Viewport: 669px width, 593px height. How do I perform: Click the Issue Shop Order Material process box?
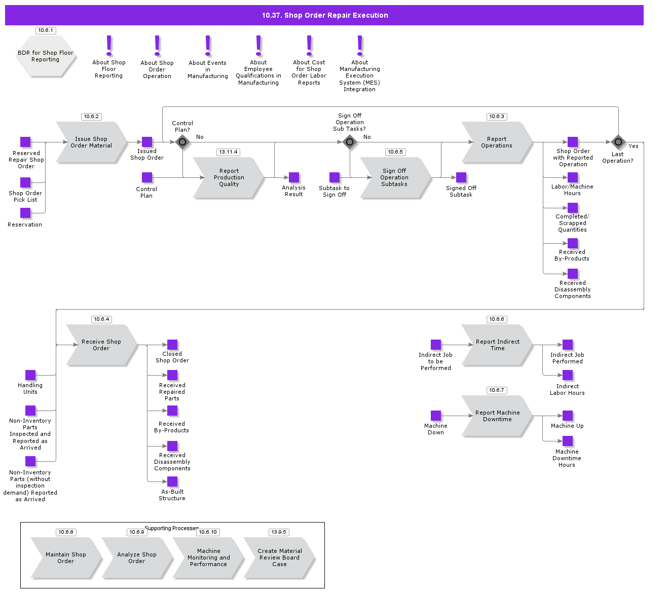point(91,142)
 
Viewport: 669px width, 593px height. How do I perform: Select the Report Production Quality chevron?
point(229,177)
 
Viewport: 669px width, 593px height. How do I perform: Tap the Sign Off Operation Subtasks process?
point(395,177)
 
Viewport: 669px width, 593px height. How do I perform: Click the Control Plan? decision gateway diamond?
point(182,142)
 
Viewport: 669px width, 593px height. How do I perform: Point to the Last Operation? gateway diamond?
point(618,142)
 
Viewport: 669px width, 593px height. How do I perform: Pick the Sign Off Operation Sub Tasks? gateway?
point(350,142)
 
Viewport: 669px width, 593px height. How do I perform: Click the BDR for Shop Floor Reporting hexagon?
point(46,56)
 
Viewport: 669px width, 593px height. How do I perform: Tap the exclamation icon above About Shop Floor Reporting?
point(109,46)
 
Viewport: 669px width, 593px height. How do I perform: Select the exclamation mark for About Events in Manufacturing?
point(208,46)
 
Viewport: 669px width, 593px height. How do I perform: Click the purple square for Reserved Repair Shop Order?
point(25,142)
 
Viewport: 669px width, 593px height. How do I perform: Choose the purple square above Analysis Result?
point(294,177)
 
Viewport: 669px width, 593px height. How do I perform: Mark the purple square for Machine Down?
point(436,416)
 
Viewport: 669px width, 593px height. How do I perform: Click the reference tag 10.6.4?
point(101,319)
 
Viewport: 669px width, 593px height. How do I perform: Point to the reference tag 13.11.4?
point(228,152)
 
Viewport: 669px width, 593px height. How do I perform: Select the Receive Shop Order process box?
point(101,345)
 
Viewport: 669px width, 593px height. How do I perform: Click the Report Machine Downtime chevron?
point(497,416)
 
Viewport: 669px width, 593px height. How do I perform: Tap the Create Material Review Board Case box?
point(279,558)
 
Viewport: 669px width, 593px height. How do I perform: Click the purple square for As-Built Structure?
point(172,481)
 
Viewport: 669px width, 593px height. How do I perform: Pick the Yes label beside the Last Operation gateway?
point(634,146)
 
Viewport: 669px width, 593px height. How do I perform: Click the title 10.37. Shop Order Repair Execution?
point(324,15)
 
